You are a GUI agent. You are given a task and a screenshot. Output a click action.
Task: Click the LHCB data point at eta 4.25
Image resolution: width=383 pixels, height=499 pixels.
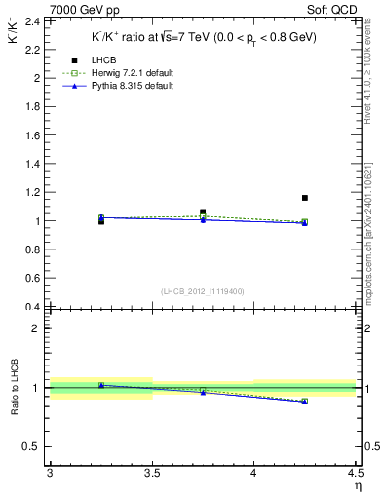[305, 198]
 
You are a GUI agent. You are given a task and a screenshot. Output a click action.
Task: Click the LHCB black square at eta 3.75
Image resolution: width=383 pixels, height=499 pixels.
[203, 211]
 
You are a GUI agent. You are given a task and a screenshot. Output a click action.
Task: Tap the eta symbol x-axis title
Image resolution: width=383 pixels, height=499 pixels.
[357, 485]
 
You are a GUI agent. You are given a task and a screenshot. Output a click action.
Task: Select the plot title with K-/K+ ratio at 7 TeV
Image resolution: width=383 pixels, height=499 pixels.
[205, 37]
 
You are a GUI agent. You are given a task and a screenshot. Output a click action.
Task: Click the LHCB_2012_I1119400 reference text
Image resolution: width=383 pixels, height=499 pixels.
[203, 291]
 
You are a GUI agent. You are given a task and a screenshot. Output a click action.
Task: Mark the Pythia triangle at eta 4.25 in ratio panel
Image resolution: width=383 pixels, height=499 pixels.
[305, 401]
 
